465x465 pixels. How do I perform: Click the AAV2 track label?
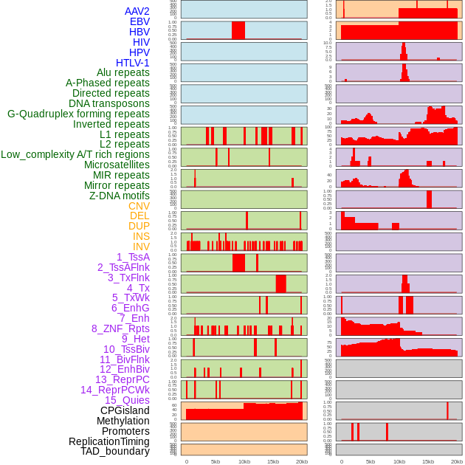pyautogui.click(x=137, y=11)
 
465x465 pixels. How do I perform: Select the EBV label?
pyautogui.click(x=139, y=21)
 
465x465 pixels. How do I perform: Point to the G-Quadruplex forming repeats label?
pyautogui.click(x=78, y=114)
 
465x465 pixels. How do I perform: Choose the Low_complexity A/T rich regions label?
pyautogui.click(x=75, y=154)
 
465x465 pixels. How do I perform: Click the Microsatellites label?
pyautogui.click(x=117, y=165)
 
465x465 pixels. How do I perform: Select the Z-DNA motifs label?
pyautogui.click(x=120, y=196)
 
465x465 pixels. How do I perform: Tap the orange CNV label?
pyautogui.click(x=139, y=206)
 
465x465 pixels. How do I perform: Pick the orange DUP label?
pyautogui.click(x=139, y=226)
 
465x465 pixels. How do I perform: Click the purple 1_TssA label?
pyautogui.click(x=133, y=257)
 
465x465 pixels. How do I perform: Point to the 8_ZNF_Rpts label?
pyautogui.click(x=120, y=328)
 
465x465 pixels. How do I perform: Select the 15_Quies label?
pyautogui.click(x=127, y=400)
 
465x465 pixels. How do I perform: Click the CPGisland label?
pyautogui.click(x=125, y=410)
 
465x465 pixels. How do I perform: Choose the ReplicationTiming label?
pyautogui.click(x=109, y=441)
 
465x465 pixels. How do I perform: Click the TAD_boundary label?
pyautogui.click(x=115, y=451)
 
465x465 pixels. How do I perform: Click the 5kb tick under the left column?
pyautogui.click(x=216, y=461)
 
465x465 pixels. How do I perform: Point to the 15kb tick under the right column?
pyautogui.click(x=428, y=461)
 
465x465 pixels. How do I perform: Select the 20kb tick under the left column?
pyautogui.click(x=302, y=461)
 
